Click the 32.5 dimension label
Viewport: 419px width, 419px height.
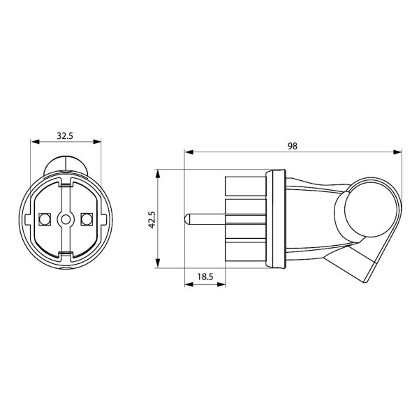pyautogui.click(x=65, y=136)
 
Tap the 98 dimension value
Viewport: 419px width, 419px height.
pyautogui.click(x=293, y=146)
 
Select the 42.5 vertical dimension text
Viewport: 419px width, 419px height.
pyautogui.click(x=152, y=220)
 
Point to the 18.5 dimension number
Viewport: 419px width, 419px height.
pyautogui.click(x=205, y=277)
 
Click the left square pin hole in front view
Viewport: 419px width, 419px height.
pyautogui.click(x=45, y=219)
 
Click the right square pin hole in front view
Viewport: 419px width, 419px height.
pyautogui.click(x=87, y=219)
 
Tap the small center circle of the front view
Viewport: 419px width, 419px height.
pyautogui.click(x=66, y=219)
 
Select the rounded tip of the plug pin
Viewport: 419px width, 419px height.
pyautogui.click(x=186, y=219)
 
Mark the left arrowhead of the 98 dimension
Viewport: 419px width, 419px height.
pyautogui.click(x=189, y=152)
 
